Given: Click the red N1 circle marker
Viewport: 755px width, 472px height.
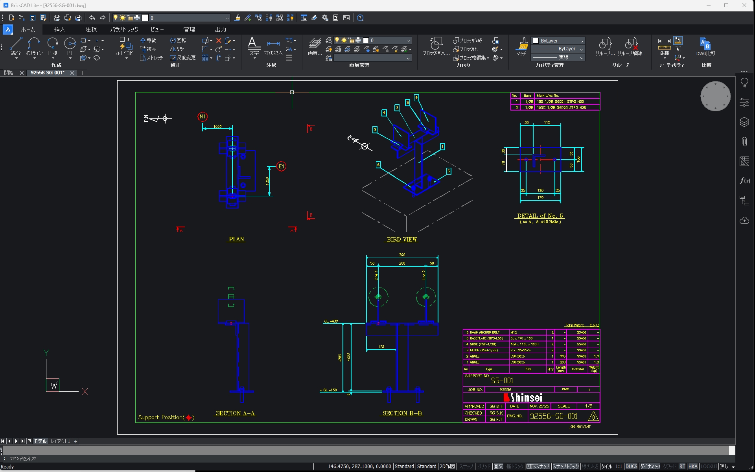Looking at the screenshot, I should click(x=203, y=117).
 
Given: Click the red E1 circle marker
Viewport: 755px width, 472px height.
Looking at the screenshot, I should click(x=281, y=166).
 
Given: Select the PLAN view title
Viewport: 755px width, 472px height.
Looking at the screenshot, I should click(x=236, y=239).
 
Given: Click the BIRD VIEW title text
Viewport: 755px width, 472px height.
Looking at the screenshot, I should click(x=401, y=239).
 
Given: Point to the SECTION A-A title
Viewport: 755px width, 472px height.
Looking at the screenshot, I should click(x=236, y=413).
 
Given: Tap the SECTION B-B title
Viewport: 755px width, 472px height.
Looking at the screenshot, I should click(x=402, y=413).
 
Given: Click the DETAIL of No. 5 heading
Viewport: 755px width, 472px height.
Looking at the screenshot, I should click(x=540, y=216).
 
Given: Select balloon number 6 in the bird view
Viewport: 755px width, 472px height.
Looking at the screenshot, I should click(x=378, y=165).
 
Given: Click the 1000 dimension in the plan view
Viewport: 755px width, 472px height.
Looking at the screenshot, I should click(x=217, y=127).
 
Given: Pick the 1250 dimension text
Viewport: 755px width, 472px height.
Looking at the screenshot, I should click(x=267, y=181).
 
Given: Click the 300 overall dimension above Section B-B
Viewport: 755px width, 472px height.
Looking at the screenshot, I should click(x=402, y=255).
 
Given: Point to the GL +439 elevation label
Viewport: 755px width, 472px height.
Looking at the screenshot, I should click(x=331, y=321).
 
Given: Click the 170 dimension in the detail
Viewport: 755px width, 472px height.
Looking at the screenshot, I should click(x=540, y=197).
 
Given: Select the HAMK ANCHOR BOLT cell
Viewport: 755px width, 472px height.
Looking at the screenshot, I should click(x=485, y=332).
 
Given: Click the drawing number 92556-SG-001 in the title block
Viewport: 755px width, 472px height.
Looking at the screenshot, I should click(x=554, y=416).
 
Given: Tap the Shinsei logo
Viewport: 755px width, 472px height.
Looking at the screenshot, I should click(x=523, y=398).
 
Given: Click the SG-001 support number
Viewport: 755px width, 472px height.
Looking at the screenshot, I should click(x=502, y=380).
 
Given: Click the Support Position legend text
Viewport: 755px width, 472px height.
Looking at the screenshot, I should click(x=161, y=417).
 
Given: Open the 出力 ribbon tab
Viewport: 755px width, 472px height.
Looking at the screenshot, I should click(x=220, y=29).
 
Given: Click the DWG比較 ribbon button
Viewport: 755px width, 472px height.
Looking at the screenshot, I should click(x=706, y=47).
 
